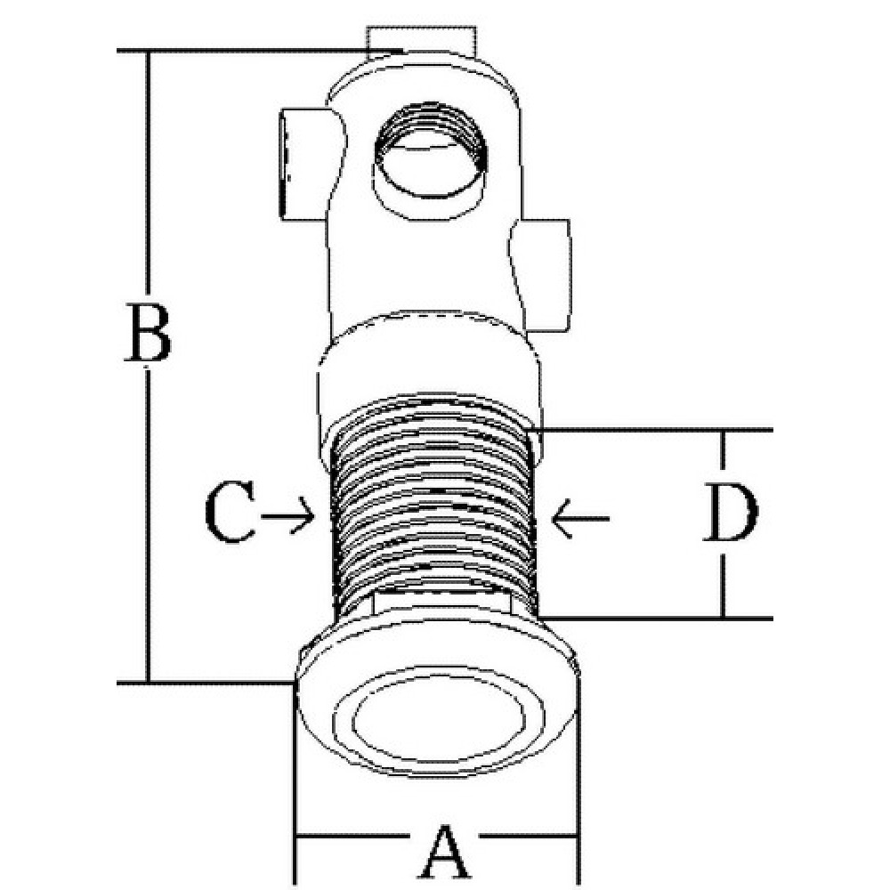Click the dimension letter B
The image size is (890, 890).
pos(148,332)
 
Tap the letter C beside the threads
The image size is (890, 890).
pos(230,513)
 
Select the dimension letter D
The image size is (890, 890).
pos(731,513)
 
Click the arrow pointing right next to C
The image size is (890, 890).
pos(287,515)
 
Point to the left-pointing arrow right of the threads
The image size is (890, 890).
pos(580,518)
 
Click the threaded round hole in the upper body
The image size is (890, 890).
pos(430,151)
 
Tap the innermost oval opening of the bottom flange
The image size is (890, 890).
pos(437,721)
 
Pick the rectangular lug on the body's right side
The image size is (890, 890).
pos(540,275)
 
